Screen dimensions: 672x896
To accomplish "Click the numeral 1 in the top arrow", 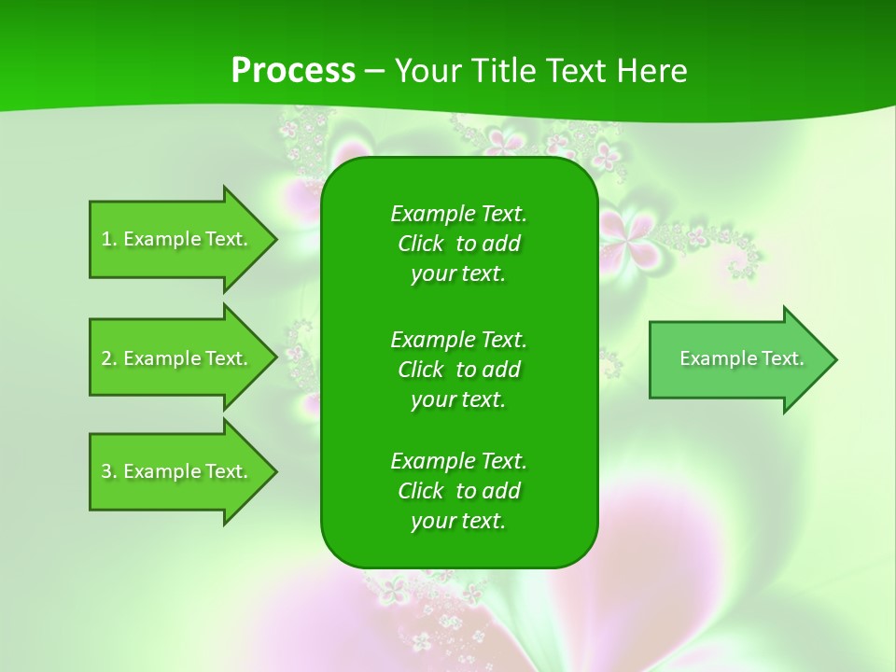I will [x=105, y=239].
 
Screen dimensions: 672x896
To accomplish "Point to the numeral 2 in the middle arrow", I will [x=106, y=358].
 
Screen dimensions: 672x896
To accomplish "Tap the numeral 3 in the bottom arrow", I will [x=106, y=471].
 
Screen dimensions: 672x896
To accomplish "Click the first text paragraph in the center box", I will [x=458, y=244].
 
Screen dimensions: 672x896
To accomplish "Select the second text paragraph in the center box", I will [x=458, y=369].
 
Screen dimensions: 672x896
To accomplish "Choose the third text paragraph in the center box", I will [x=458, y=491].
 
